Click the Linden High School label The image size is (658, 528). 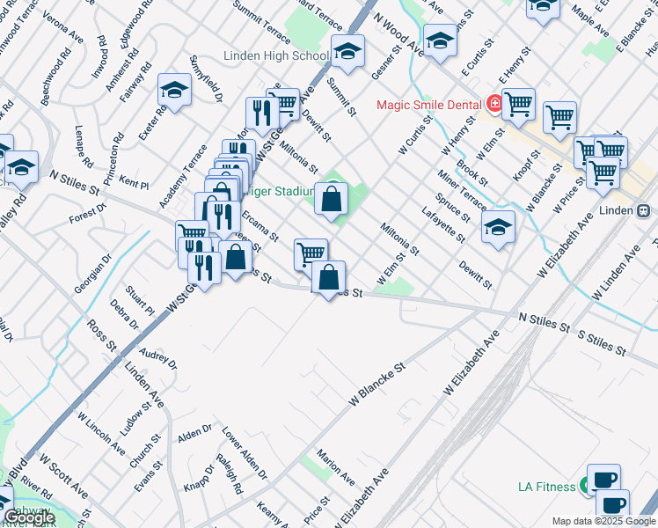[x=276, y=55]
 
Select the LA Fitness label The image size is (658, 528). [x=545, y=486]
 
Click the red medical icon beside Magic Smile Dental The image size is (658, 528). [x=495, y=104]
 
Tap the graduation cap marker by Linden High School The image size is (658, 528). [x=347, y=52]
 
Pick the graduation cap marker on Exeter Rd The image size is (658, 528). [x=174, y=89]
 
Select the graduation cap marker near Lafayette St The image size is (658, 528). [x=498, y=229]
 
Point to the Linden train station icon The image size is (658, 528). [x=644, y=211]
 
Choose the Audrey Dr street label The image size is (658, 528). [x=158, y=358]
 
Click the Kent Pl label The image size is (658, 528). [x=133, y=184]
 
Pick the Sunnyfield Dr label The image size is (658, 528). [x=206, y=78]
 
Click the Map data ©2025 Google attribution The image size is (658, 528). [x=603, y=521]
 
